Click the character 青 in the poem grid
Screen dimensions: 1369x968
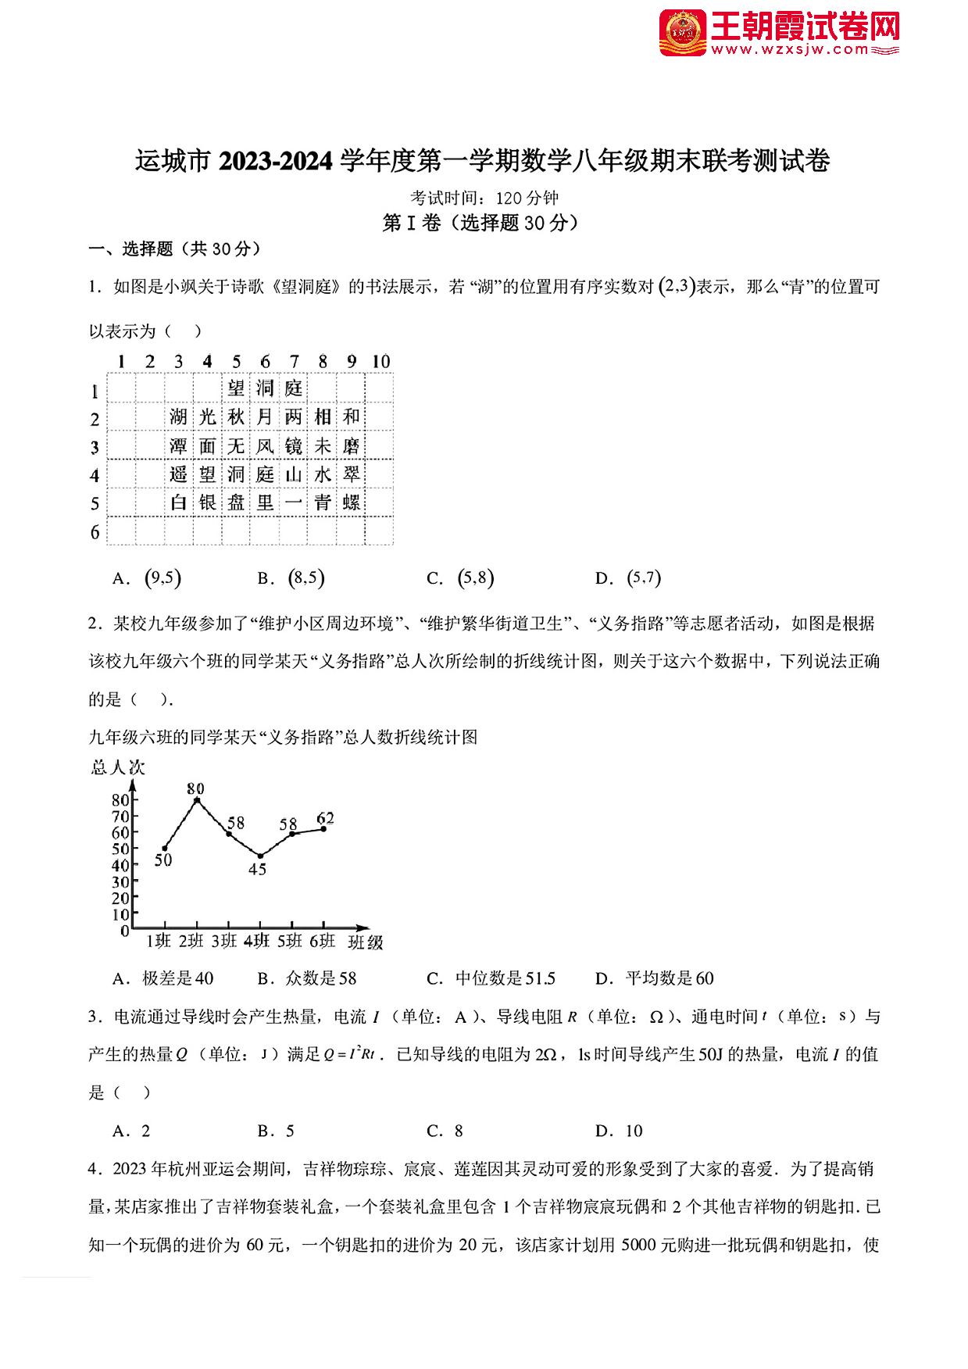323,502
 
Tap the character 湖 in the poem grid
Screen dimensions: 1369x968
179,417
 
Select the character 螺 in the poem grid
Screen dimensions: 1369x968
352,502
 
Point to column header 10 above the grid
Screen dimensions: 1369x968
380,361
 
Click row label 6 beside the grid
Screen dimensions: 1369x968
95,532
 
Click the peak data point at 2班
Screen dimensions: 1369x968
197,800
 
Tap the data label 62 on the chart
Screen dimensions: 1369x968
325,818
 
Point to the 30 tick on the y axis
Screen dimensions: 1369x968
120,881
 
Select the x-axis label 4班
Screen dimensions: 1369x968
256,941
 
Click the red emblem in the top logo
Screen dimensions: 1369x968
682,34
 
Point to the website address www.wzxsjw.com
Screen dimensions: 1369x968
801,50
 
